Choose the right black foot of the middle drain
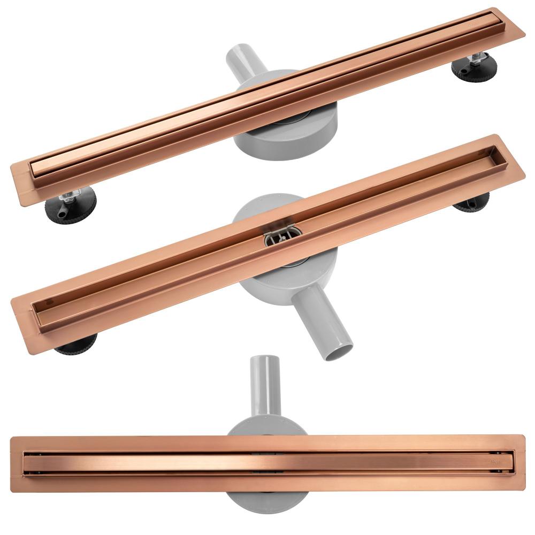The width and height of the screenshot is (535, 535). (474, 205)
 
